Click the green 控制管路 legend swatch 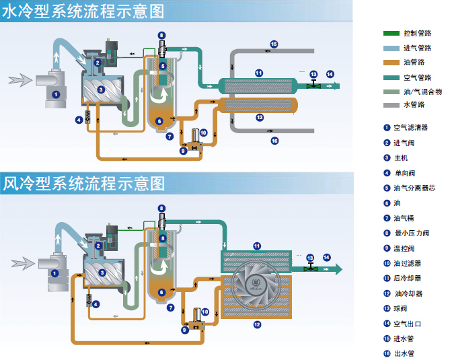click(x=391, y=33)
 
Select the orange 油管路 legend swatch click(x=391, y=63)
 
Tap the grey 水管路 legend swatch click(x=391, y=105)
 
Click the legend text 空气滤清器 click(x=410, y=127)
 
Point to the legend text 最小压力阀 click(x=412, y=233)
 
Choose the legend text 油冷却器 click(x=408, y=293)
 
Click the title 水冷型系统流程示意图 click(x=83, y=11)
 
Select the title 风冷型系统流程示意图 click(x=84, y=184)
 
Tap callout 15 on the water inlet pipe click(x=274, y=44)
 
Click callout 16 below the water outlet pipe click(x=274, y=141)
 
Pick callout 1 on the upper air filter click(x=56, y=94)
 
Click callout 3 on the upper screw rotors click(x=101, y=90)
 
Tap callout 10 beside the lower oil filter click(x=205, y=312)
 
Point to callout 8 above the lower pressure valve click(x=161, y=209)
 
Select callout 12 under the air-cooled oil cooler click(x=257, y=325)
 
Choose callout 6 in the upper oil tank click(x=159, y=121)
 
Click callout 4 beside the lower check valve click(x=96, y=304)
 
